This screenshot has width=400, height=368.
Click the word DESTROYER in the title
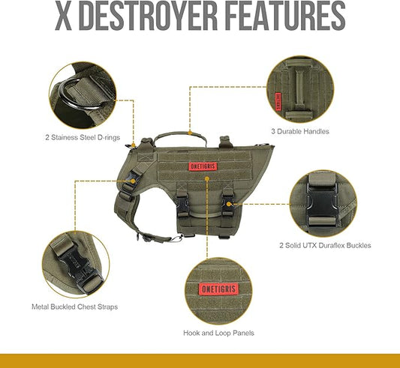click(148, 16)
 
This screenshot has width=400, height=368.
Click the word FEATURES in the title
click(286, 16)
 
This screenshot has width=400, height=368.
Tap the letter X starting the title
click(63, 16)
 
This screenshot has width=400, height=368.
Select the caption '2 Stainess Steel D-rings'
click(83, 138)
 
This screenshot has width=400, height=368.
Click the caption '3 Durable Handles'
click(300, 131)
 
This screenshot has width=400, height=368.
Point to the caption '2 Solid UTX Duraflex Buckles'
click(325, 245)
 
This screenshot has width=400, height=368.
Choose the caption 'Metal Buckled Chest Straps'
click(75, 307)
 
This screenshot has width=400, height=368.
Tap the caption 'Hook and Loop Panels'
click(218, 333)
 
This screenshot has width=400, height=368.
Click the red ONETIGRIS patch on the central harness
click(203, 166)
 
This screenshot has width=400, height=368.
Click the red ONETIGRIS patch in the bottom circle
click(219, 289)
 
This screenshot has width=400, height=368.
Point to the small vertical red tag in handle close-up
click(278, 102)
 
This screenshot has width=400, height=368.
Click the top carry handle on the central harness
click(180, 138)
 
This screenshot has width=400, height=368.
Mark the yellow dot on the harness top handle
click(190, 133)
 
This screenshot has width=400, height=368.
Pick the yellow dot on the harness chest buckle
click(133, 181)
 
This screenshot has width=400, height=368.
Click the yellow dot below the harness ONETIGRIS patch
click(207, 178)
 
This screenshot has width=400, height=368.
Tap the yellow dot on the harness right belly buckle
click(229, 204)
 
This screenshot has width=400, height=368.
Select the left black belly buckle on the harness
click(183, 205)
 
